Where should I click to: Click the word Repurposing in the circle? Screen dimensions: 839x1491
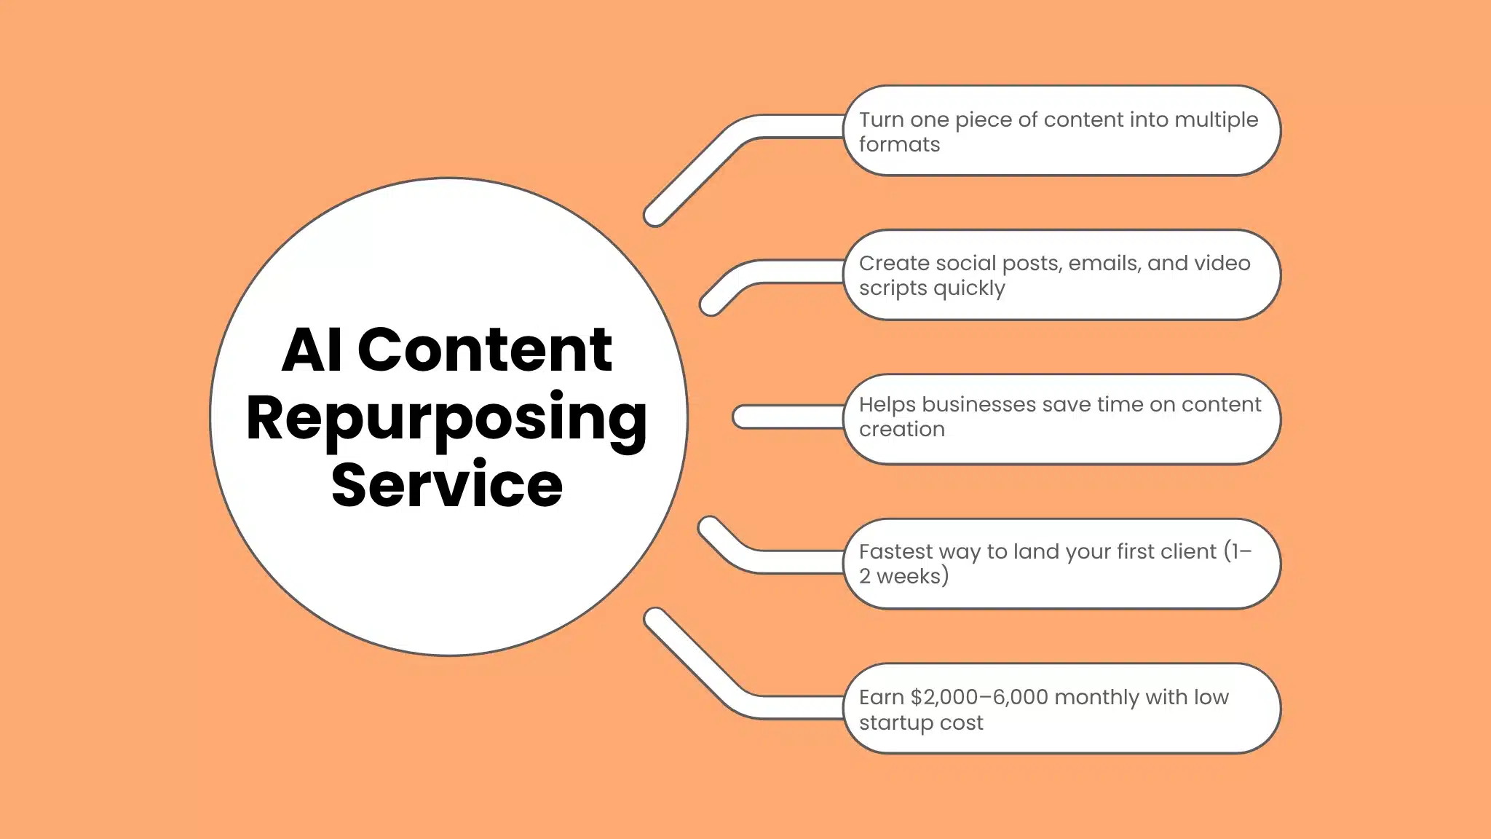(x=446, y=418)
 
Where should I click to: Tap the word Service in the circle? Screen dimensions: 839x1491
(x=446, y=485)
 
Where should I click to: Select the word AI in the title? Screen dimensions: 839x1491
(x=312, y=350)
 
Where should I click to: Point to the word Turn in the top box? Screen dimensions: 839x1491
(x=882, y=119)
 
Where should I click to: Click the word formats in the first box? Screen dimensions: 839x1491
(x=899, y=145)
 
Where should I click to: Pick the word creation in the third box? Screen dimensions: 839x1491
(x=901, y=430)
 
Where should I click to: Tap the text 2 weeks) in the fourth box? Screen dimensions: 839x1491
(x=903, y=577)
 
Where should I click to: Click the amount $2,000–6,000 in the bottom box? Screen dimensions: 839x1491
(x=979, y=698)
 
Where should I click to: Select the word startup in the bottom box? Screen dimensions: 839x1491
(x=894, y=723)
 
